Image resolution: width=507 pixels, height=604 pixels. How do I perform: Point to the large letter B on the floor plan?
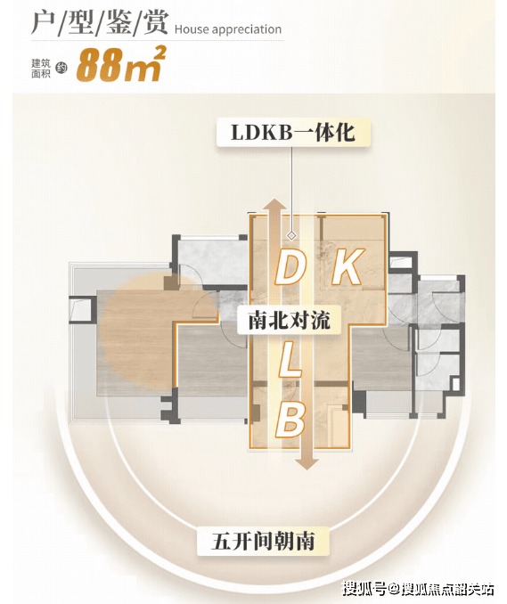[x=290, y=420]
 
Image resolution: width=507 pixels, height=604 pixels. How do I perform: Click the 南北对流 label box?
[x=290, y=320]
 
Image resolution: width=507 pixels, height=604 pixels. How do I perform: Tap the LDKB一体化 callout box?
[x=293, y=133]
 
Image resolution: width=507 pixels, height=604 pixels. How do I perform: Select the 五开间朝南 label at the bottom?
[x=263, y=542]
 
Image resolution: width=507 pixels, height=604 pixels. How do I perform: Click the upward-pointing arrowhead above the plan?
[x=274, y=204]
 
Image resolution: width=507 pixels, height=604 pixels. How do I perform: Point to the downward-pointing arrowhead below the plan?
[x=307, y=463]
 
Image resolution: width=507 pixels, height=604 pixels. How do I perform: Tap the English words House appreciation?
[x=228, y=29]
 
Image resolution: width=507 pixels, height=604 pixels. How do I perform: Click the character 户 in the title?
[x=43, y=23]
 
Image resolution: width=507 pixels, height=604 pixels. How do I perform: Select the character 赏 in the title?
[x=156, y=23]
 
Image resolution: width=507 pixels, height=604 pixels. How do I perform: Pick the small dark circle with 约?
[x=61, y=69]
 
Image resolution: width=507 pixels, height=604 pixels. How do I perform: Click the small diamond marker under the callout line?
[x=291, y=235]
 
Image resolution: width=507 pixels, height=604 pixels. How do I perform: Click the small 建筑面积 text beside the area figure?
[x=41, y=69]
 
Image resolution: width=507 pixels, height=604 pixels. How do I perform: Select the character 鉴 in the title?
[x=119, y=23]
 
